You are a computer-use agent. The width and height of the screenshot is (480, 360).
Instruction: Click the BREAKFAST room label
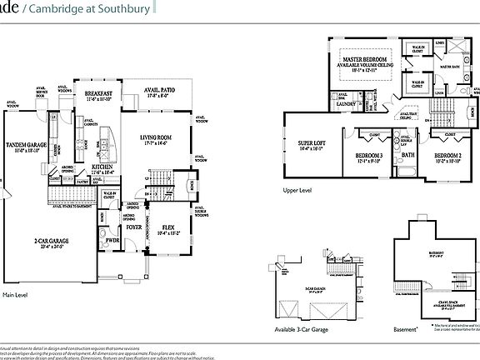click(x=97, y=92)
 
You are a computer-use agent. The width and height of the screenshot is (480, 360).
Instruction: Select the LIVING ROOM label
click(x=155, y=138)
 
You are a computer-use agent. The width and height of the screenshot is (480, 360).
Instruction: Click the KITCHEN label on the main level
click(x=102, y=167)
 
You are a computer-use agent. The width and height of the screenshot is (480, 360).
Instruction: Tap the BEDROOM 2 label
click(x=448, y=156)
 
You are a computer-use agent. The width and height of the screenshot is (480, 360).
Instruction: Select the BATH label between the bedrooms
click(x=407, y=154)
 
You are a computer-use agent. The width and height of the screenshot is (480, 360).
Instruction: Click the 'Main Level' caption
click(x=16, y=295)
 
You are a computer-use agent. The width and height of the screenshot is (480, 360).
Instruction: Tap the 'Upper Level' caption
click(x=297, y=190)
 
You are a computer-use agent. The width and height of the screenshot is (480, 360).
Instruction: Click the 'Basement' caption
click(x=404, y=329)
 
